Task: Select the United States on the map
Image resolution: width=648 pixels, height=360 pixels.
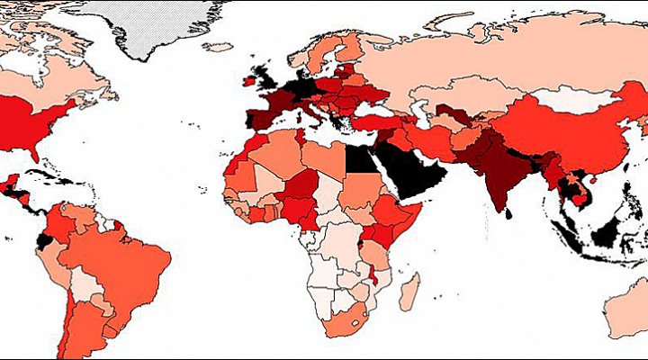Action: [x=45, y=121]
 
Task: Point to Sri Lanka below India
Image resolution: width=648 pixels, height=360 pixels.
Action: [x=509, y=212]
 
